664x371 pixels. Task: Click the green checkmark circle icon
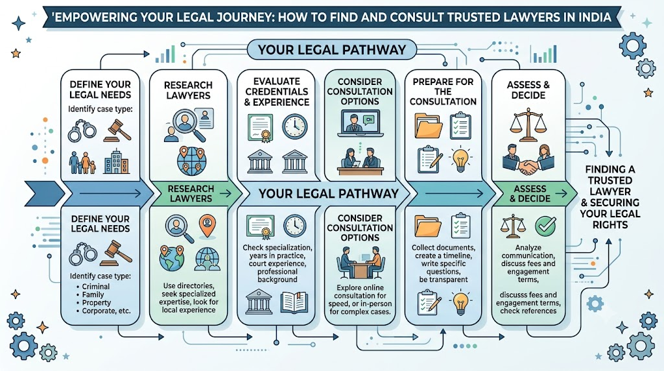[546, 226]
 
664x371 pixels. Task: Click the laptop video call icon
[361, 123]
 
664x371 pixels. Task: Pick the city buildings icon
[117, 162]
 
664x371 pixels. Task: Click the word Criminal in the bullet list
[96, 287]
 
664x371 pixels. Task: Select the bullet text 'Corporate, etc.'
[106, 311]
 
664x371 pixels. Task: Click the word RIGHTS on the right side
[610, 225]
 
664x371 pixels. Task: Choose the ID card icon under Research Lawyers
[206, 119]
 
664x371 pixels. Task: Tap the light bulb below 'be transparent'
[460, 302]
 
